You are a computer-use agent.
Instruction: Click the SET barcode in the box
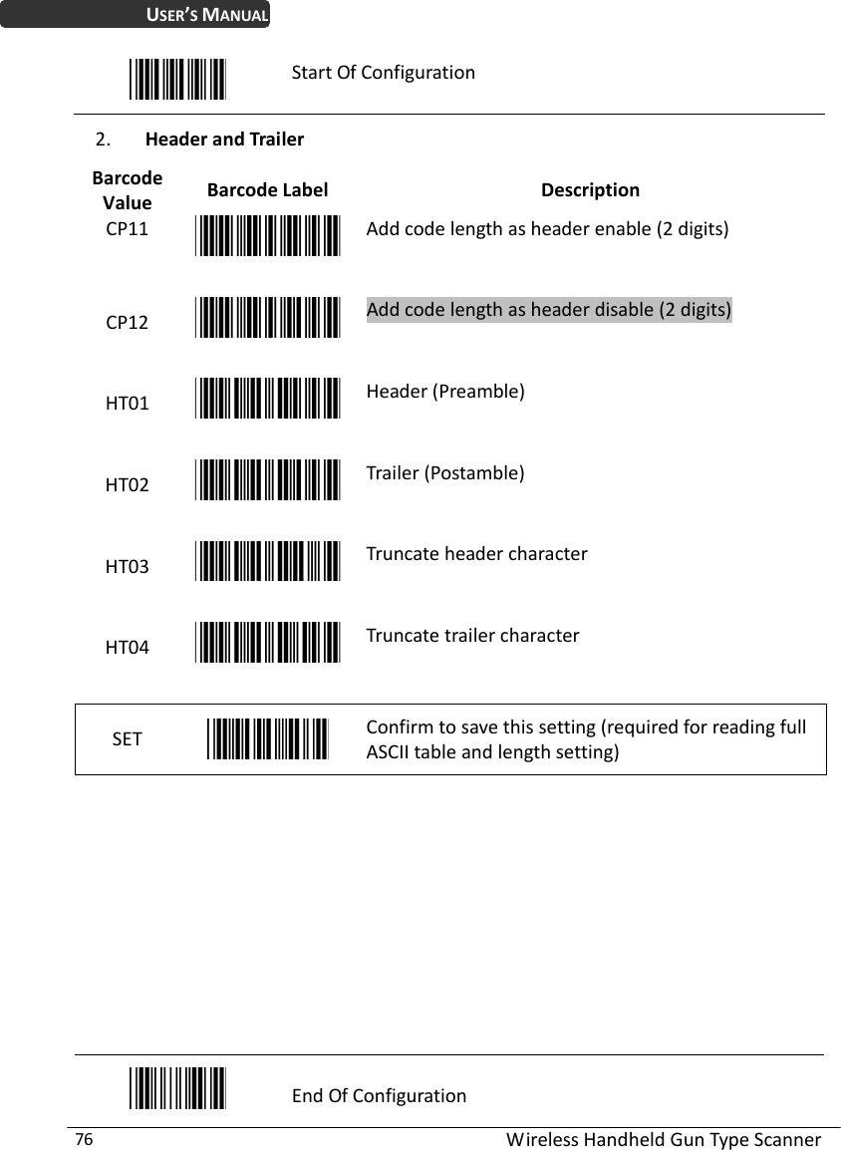pos(268,738)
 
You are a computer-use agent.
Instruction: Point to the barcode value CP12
pos(129,323)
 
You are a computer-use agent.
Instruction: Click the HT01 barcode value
pos(129,404)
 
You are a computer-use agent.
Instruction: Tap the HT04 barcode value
pos(129,648)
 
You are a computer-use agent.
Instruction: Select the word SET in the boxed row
pos(128,739)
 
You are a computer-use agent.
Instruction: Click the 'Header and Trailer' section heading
pos(224,140)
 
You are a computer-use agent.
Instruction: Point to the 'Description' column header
pos(590,189)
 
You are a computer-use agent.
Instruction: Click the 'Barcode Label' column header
pos(267,189)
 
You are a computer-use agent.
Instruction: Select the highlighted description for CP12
pos(549,310)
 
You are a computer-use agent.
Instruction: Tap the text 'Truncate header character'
pos(476,553)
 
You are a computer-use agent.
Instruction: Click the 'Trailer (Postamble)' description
pos(445,472)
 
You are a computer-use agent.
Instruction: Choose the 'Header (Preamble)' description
pos(445,391)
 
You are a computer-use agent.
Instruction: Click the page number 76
pos(85,1139)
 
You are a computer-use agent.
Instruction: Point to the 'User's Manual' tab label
pos(208,15)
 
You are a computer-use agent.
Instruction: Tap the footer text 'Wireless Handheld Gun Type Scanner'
pos(664,1140)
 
